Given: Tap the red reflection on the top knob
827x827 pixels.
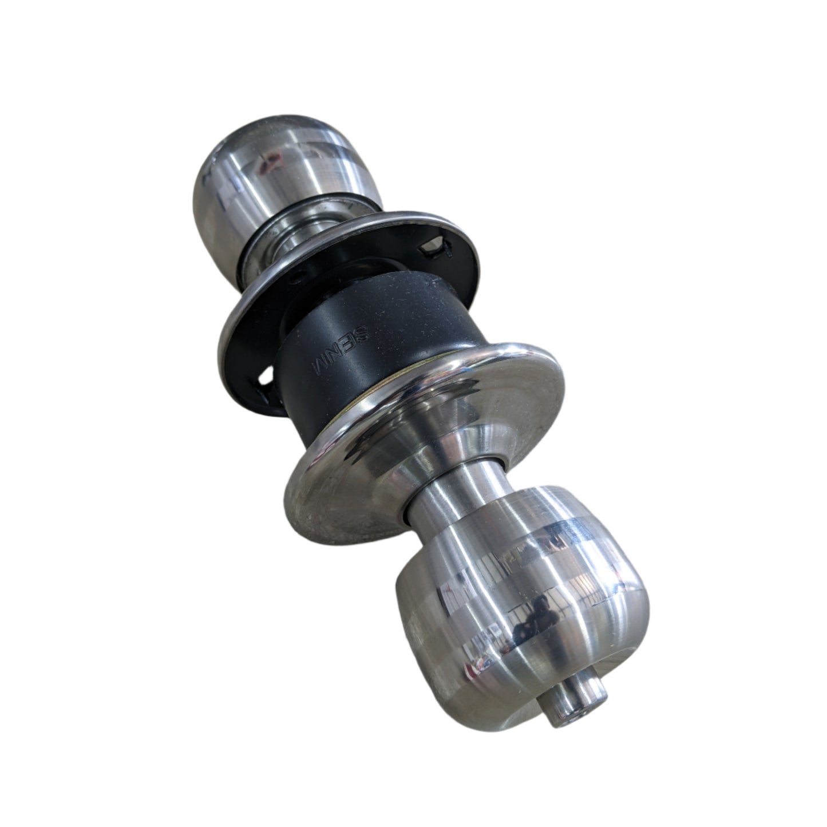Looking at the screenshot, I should pos(264,167).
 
